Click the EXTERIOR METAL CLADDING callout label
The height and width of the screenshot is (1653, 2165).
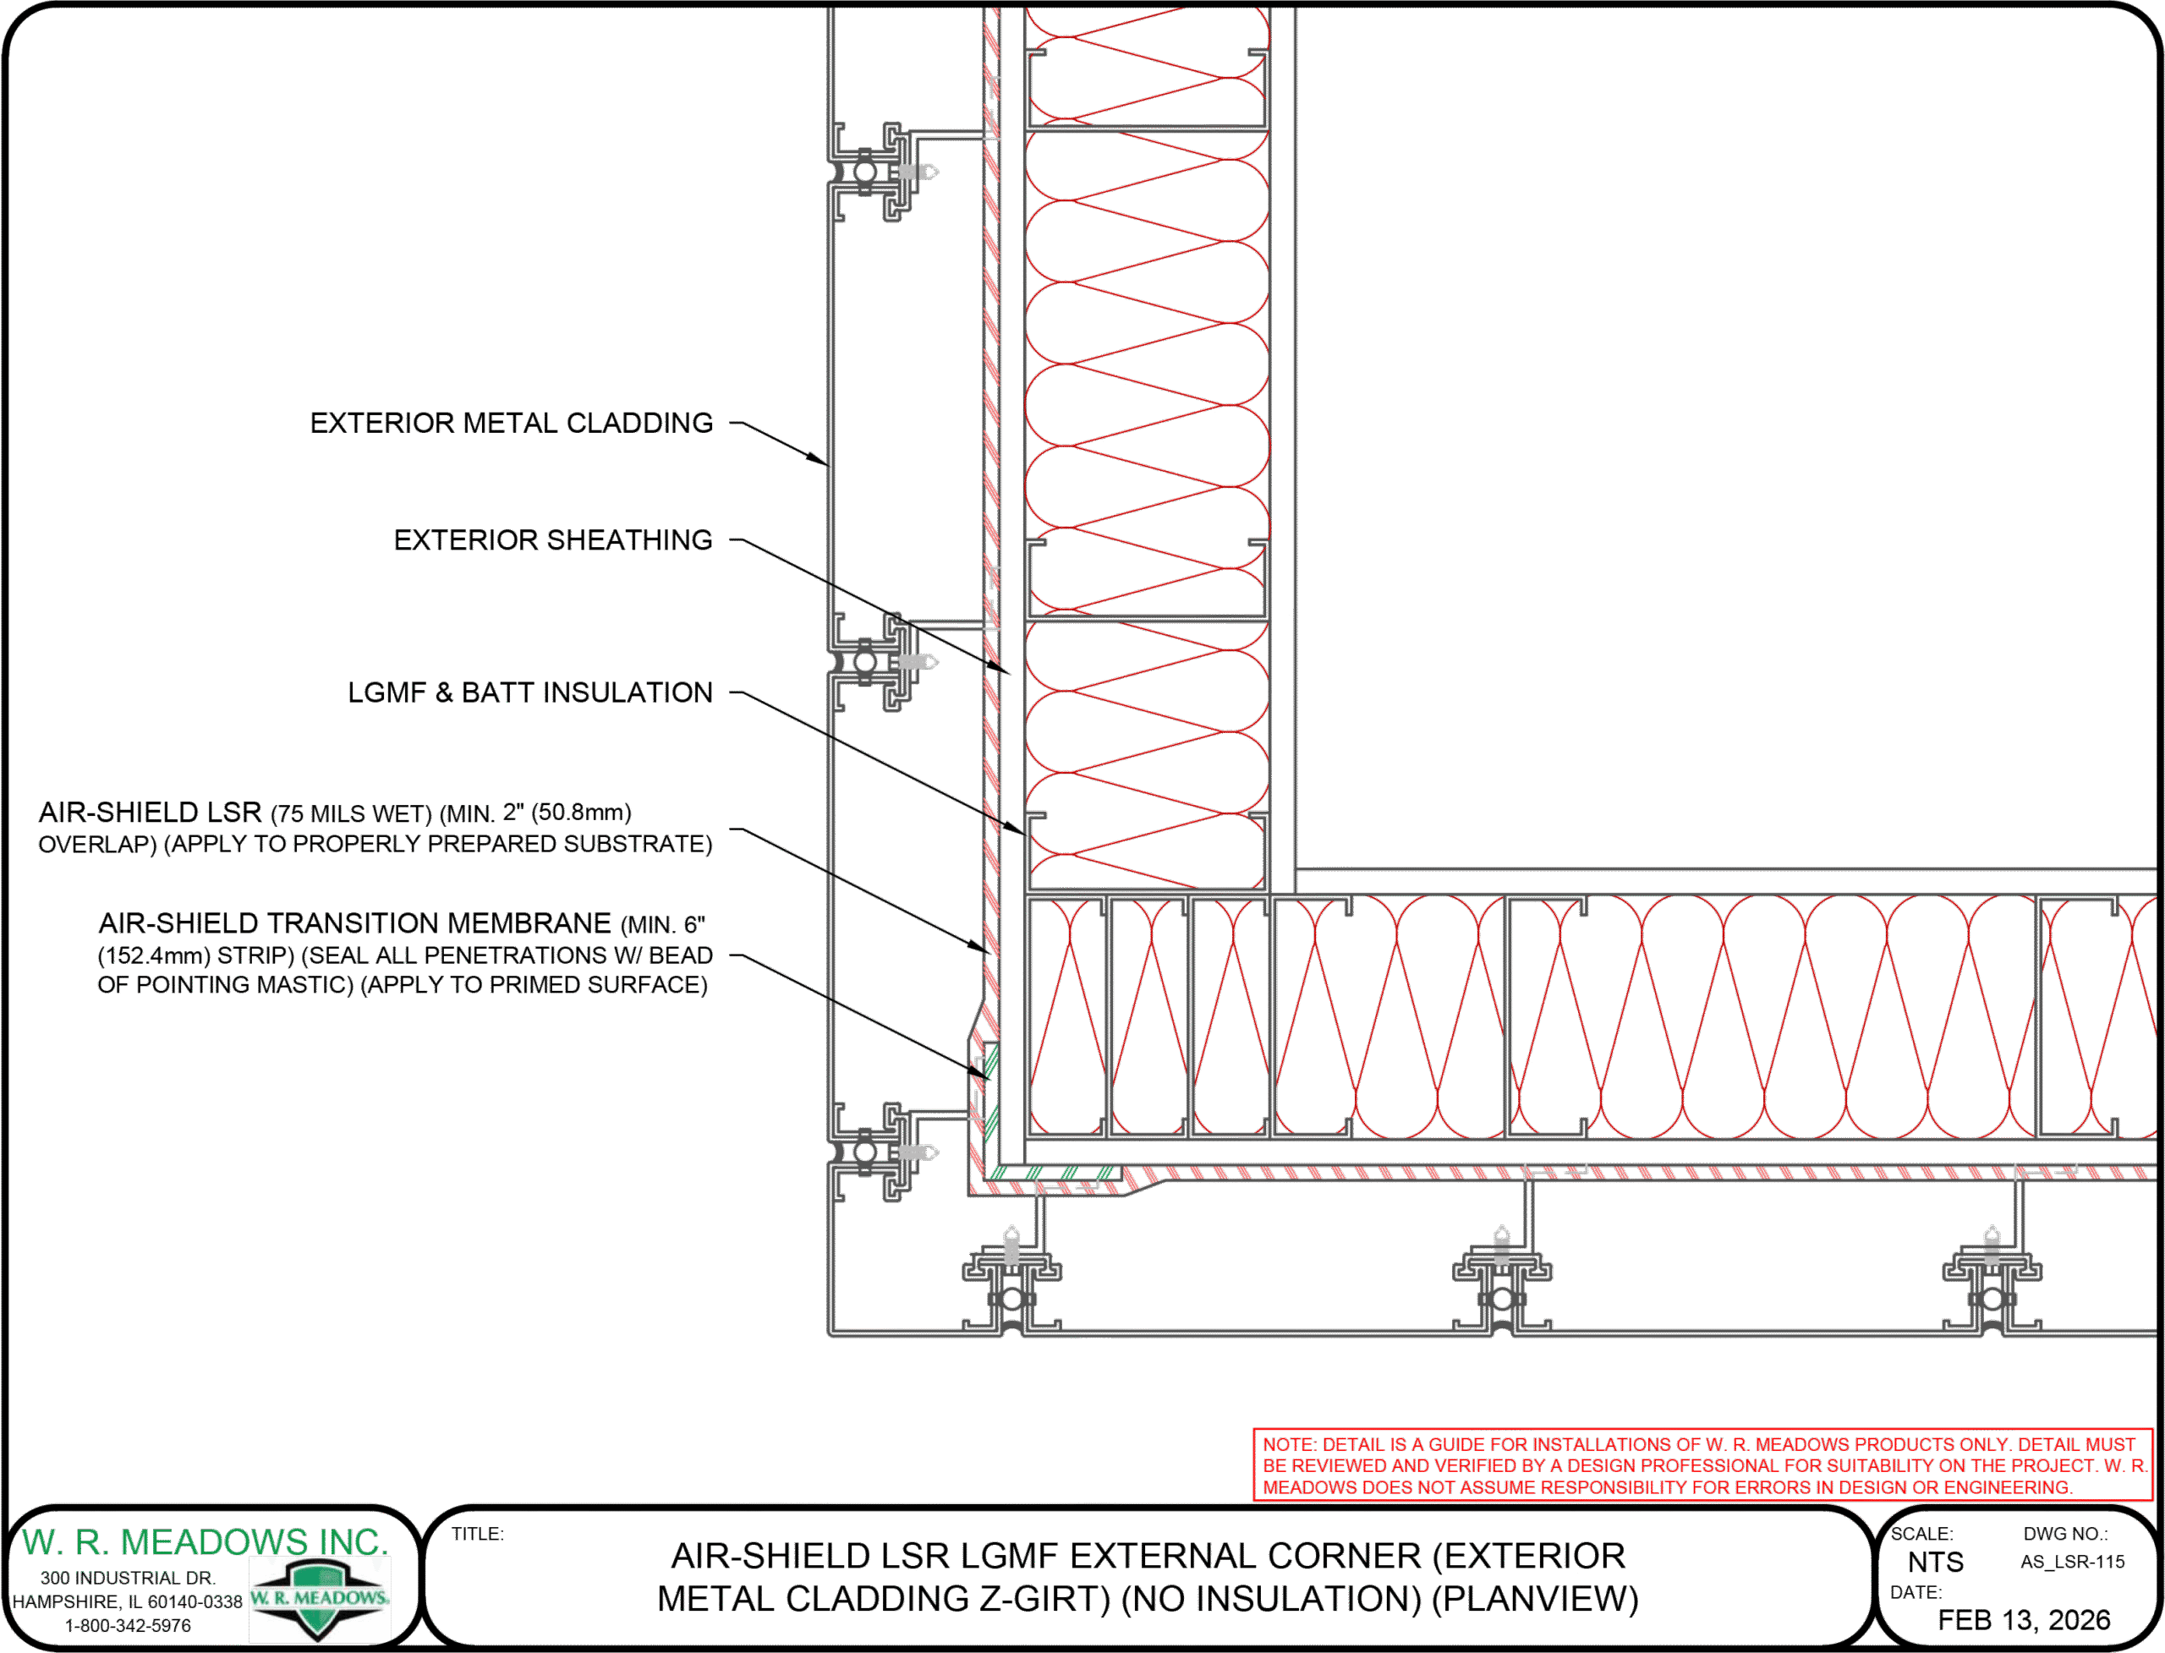511,423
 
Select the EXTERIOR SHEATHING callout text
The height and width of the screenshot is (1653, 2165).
552,540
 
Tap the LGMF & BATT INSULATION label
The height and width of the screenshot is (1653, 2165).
529,692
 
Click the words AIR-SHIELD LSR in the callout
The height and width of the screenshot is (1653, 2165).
150,813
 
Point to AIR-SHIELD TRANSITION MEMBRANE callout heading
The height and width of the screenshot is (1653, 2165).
354,924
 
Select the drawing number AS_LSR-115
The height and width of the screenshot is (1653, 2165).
2073,1563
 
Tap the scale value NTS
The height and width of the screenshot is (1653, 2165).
1935,1563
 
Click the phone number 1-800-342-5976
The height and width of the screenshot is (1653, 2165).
128,1625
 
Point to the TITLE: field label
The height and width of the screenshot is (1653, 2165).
477,1534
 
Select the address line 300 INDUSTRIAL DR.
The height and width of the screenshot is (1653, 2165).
128,1579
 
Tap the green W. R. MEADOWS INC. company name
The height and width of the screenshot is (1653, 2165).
205,1542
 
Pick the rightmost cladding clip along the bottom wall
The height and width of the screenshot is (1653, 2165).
1991,1280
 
